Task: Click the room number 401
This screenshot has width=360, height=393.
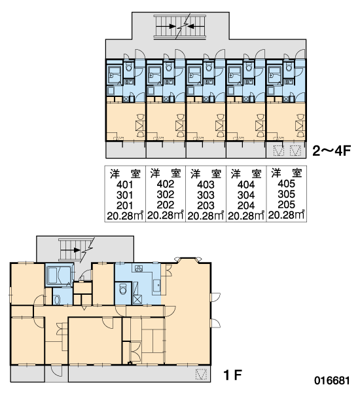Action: (x=125, y=185)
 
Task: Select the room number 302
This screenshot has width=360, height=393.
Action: (x=166, y=195)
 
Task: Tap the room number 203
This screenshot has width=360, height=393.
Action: (x=206, y=205)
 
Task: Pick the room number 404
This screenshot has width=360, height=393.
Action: (x=246, y=185)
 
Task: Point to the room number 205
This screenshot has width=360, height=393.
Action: (x=286, y=204)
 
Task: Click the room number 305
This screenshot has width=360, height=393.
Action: (x=286, y=195)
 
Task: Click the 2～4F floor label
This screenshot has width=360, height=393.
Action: (x=331, y=151)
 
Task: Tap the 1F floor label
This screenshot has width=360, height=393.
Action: (x=232, y=375)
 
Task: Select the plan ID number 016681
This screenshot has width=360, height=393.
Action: (x=332, y=381)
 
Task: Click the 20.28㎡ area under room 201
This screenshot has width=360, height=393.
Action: (x=125, y=215)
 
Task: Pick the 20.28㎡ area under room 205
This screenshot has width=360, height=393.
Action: (x=286, y=215)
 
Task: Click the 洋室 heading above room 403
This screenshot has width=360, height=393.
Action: (x=206, y=174)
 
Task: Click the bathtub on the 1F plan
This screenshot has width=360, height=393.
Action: (x=60, y=275)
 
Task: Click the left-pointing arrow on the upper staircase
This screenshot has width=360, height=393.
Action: (x=193, y=26)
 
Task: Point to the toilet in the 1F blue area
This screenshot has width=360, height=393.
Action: (x=123, y=290)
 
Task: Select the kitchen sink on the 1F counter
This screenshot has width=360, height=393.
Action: (x=157, y=285)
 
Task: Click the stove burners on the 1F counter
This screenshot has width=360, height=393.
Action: (x=139, y=269)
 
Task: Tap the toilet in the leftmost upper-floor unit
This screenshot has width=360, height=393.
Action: (x=129, y=67)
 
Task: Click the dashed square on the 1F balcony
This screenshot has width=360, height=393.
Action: (x=201, y=374)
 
